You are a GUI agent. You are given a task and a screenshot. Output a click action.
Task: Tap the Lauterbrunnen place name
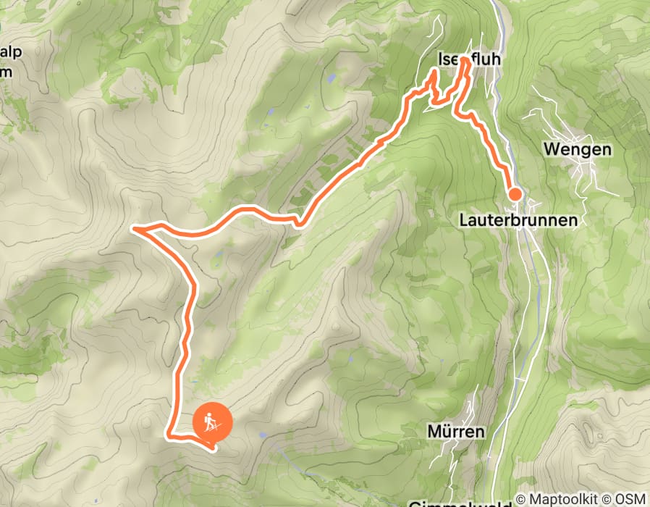[518, 219]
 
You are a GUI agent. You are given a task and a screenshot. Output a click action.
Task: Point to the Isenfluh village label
[469, 59]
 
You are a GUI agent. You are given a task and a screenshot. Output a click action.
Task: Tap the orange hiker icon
[211, 422]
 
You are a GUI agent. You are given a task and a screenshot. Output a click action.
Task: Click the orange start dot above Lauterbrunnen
[515, 193]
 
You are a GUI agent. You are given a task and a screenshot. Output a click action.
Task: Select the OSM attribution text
[630, 499]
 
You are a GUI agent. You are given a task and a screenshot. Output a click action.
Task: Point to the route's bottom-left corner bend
[169, 435]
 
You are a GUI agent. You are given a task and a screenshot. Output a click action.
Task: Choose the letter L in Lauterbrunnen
[463, 219]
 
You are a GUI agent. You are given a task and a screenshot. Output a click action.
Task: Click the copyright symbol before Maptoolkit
[521, 499]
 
